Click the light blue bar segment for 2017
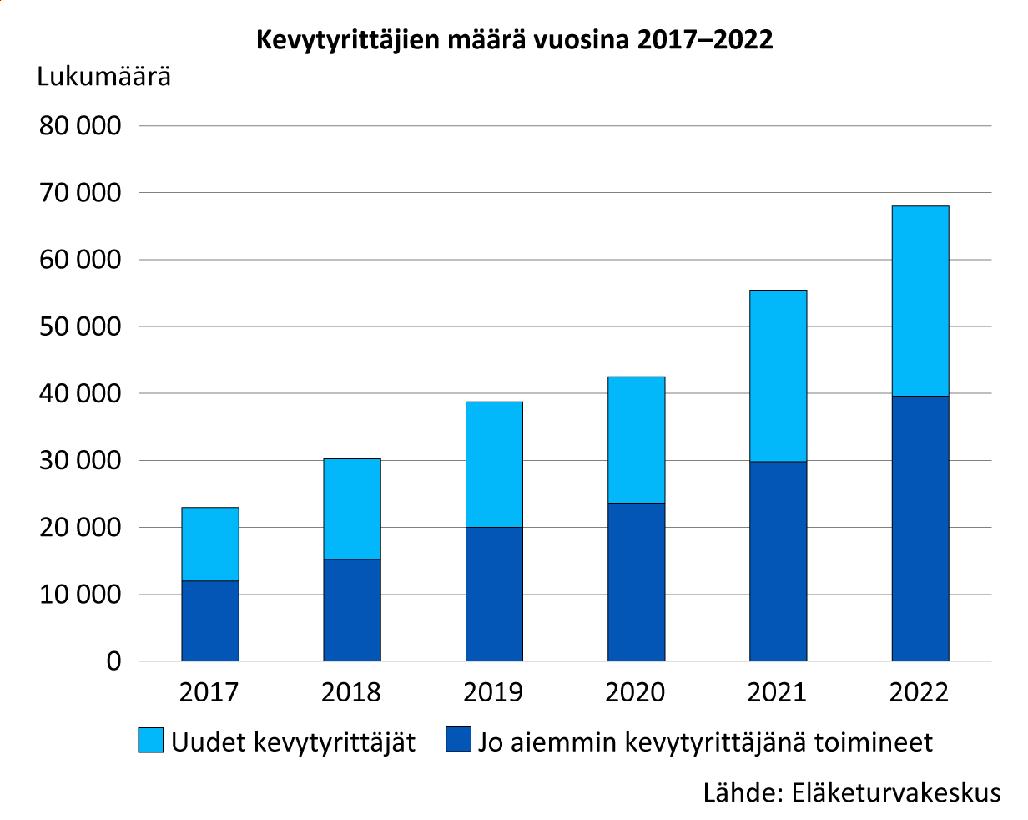210,544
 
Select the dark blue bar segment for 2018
352,610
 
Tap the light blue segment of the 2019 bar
494,464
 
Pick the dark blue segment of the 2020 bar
636,581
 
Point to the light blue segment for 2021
778,376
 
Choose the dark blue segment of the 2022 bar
920,528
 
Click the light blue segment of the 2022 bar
920,301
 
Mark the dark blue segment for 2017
210,620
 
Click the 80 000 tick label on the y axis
80,126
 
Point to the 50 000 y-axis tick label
80,326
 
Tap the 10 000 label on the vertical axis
80,595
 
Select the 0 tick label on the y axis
113,661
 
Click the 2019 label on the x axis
493,692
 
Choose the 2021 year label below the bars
777,692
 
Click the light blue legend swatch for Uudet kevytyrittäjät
151,741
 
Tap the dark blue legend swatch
458,741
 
